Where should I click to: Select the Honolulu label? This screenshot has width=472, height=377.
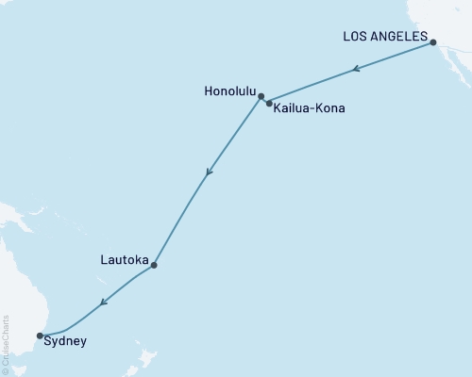(x=228, y=91)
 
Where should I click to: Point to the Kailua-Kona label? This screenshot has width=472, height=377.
(x=310, y=108)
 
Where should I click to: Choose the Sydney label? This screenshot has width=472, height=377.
(x=65, y=341)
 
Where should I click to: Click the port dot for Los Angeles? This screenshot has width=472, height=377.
(x=433, y=41)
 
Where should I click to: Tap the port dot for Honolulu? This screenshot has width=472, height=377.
(x=261, y=95)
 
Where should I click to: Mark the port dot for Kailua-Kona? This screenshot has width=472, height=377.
(x=270, y=104)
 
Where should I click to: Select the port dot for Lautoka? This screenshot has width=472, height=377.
(x=154, y=265)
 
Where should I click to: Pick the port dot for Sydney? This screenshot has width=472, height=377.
(x=40, y=335)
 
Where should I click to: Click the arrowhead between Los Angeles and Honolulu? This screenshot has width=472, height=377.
(x=355, y=68)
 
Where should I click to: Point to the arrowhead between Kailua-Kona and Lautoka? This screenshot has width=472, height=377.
(x=209, y=172)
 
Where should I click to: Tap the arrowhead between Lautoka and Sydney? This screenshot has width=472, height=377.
(x=103, y=303)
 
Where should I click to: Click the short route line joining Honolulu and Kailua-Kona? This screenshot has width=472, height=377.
(x=265, y=99)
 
